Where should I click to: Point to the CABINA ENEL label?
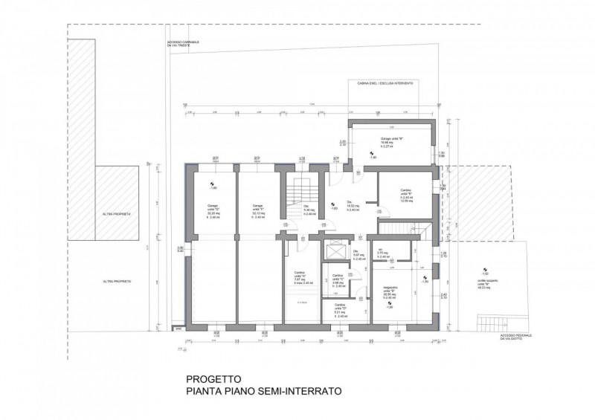click(x=385, y=84)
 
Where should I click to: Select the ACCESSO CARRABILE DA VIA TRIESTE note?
click(x=185, y=45)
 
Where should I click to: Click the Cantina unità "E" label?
click(x=405, y=196)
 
